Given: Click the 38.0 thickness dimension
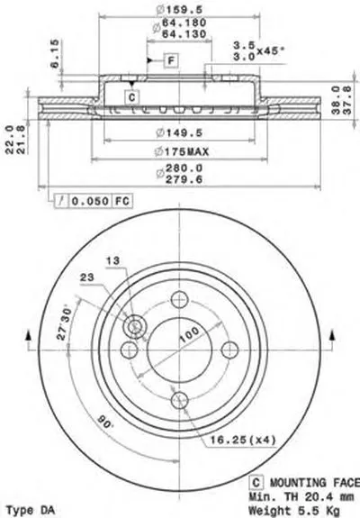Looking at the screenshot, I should tap(336, 89).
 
